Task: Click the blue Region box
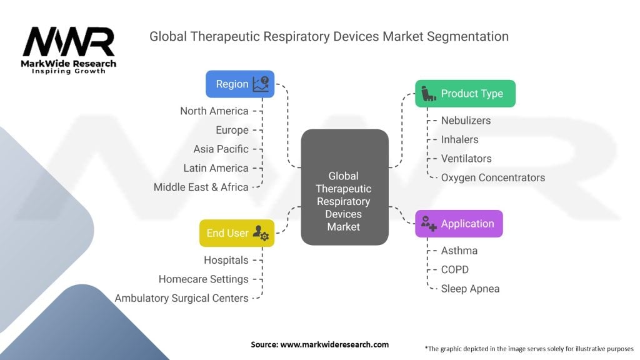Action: point(240,84)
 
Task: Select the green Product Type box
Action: point(465,94)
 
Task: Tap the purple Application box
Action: point(459,224)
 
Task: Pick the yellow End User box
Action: point(237,233)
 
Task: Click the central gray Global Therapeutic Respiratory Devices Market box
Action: point(344,187)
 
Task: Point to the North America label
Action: point(214,111)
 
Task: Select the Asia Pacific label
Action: point(221,149)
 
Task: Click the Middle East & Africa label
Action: point(201,187)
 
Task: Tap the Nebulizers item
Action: point(466,121)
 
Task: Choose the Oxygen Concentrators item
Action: point(493,177)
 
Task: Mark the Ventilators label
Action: point(466,158)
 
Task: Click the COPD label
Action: point(455,269)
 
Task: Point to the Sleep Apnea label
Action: point(470,289)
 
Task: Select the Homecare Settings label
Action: point(203,279)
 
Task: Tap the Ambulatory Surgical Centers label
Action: point(181,298)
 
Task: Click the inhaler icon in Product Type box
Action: point(428,94)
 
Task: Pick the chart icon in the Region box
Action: point(261,84)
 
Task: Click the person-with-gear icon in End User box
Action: point(261,233)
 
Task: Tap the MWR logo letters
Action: point(69,42)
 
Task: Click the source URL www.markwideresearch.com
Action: point(334,344)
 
